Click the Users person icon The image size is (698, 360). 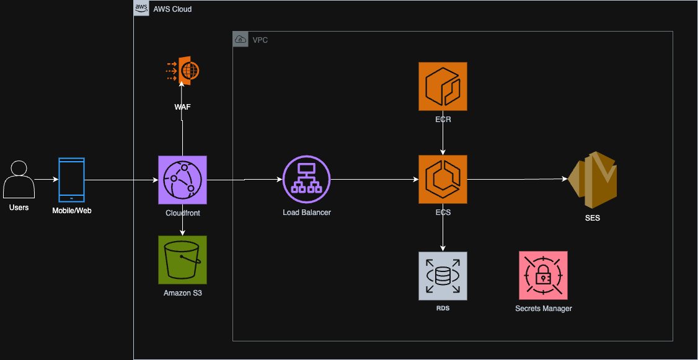(19, 180)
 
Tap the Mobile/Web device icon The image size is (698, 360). (71, 180)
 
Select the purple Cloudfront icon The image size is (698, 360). (182, 180)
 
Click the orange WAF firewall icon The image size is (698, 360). (183, 71)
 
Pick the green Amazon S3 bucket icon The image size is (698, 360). (182, 260)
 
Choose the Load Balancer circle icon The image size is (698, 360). (306, 180)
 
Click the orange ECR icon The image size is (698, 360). (443, 86)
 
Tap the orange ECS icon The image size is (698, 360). (443, 180)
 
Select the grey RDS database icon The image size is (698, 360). (443, 276)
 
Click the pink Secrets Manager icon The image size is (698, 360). (543, 276)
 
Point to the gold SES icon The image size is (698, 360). (594, 180)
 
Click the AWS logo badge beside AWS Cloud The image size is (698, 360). (141, 9)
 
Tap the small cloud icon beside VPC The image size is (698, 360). (241, 40)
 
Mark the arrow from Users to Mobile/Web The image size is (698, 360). (46, 180)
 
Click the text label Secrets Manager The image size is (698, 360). (543, 309)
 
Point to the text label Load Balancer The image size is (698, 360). (306, 213)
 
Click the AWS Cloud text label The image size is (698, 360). (172, 9)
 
